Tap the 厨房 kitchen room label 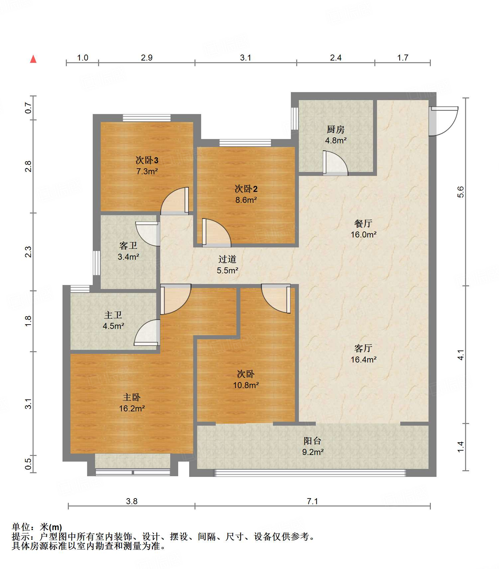(335, 129)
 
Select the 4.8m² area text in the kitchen (336, 140)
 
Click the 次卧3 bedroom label (147, 160)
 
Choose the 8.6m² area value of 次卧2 (246, 200)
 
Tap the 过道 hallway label (227, 259)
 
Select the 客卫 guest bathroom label (128, 246)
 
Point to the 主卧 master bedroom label (132, 397)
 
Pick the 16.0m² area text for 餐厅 (363, 234)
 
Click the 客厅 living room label (363, 349)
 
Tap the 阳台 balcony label (312, 441)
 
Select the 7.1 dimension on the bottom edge (312, 501)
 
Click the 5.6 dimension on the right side (460, 192)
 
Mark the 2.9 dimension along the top (147, 58)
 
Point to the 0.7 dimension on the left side (28, 108)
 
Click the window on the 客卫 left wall (96, 263)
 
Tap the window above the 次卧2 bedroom (245, 143)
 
